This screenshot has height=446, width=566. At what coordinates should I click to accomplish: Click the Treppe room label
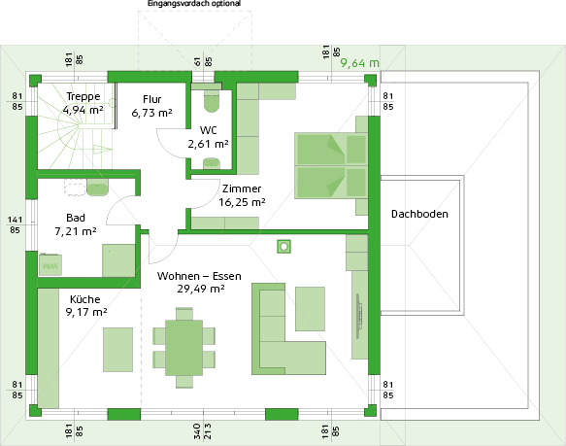[x=83, y=96]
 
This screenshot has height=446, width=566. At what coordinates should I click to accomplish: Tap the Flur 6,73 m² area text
[x=151, y=113]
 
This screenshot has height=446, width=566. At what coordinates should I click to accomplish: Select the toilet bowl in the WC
[x=212, y=101]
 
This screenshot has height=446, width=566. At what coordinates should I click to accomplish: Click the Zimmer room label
[x=242, y=189]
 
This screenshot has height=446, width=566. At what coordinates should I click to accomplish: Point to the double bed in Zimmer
[x=331, y=166]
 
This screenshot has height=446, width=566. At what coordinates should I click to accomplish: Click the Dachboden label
[x=419, y=214]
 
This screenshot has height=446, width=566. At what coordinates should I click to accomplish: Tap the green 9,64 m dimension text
[x=359, y=63]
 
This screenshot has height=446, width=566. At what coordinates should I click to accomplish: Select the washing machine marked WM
[x=50, y=265]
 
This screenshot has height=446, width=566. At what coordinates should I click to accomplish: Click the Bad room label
[x=76, y=218]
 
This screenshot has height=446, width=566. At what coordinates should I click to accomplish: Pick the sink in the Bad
[x=97, y=188]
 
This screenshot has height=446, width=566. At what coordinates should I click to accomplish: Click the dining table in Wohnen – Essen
[x=184, y=348]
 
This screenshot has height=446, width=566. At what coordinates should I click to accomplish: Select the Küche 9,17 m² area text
[x=86, y=312]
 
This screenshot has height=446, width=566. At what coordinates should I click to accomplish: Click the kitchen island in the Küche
[x=117, y=350]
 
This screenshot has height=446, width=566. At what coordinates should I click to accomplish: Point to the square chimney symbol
[x=283, y=247]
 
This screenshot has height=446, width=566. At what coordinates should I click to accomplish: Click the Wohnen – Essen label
[x=199, y=276]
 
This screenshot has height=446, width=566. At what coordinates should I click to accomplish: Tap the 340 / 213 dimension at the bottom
[x=202, y=431]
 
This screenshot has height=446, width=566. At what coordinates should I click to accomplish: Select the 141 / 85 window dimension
[x=15, y=224]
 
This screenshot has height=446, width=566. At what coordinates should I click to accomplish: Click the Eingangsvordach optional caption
[x=194, y=4]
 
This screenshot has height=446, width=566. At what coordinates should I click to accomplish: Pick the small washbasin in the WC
[x=212, y=163]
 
